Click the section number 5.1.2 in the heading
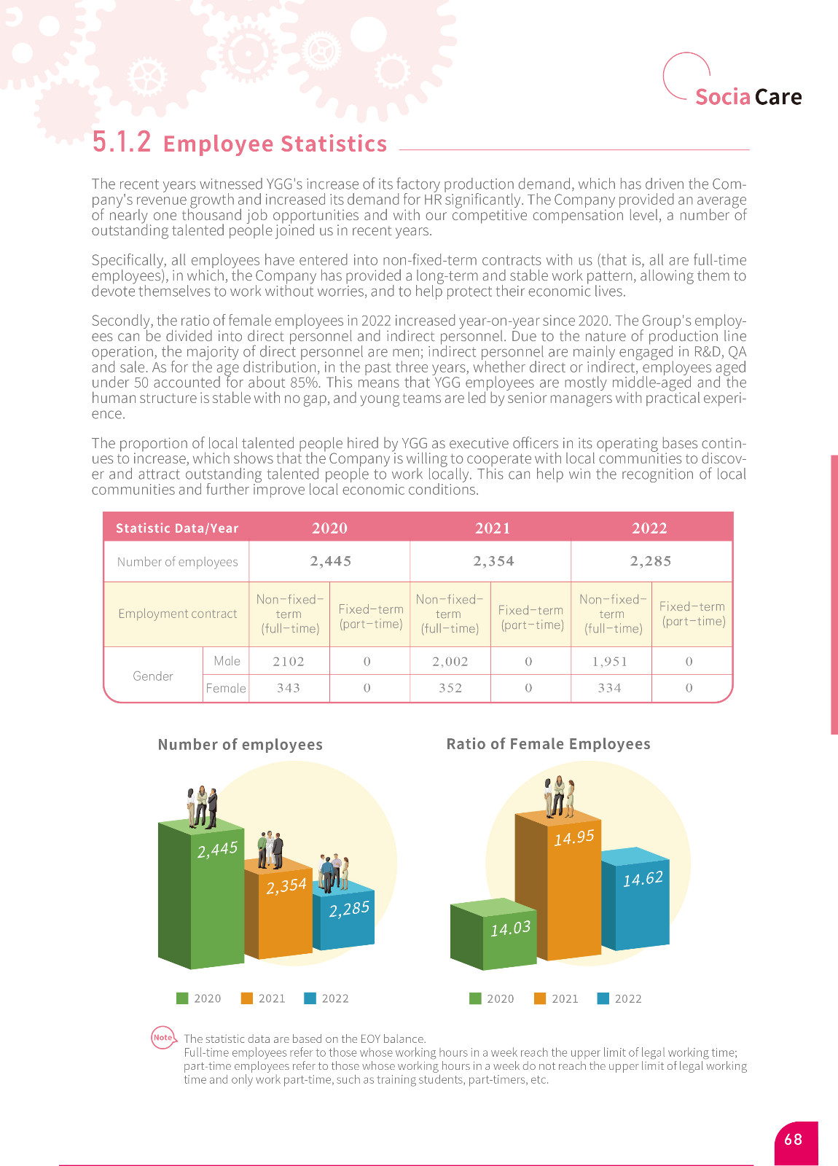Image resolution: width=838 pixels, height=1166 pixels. click(122, 141)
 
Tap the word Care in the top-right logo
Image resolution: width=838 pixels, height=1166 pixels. click(778, 97)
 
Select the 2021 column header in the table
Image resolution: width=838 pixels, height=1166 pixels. click(493, 528)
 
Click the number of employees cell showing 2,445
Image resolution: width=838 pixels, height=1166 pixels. click(330, 561)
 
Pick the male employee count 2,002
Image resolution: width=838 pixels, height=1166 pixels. click(450, 662)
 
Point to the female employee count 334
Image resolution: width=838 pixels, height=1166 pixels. click(609, 688)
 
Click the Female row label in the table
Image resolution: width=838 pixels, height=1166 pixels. click(225, 688)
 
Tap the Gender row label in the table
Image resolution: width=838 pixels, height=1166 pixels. click(153, 676)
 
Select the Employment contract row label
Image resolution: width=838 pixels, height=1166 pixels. click(177, 614)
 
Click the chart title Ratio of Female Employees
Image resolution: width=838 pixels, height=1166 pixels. click(548, 744)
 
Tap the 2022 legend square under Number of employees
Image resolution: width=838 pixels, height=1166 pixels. click(310, 998)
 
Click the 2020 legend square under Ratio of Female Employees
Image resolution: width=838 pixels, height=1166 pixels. click(475, 998)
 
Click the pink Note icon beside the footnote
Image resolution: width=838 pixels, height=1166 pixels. click(163, 1038)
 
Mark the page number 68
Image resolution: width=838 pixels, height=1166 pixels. click(794, 1140)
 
